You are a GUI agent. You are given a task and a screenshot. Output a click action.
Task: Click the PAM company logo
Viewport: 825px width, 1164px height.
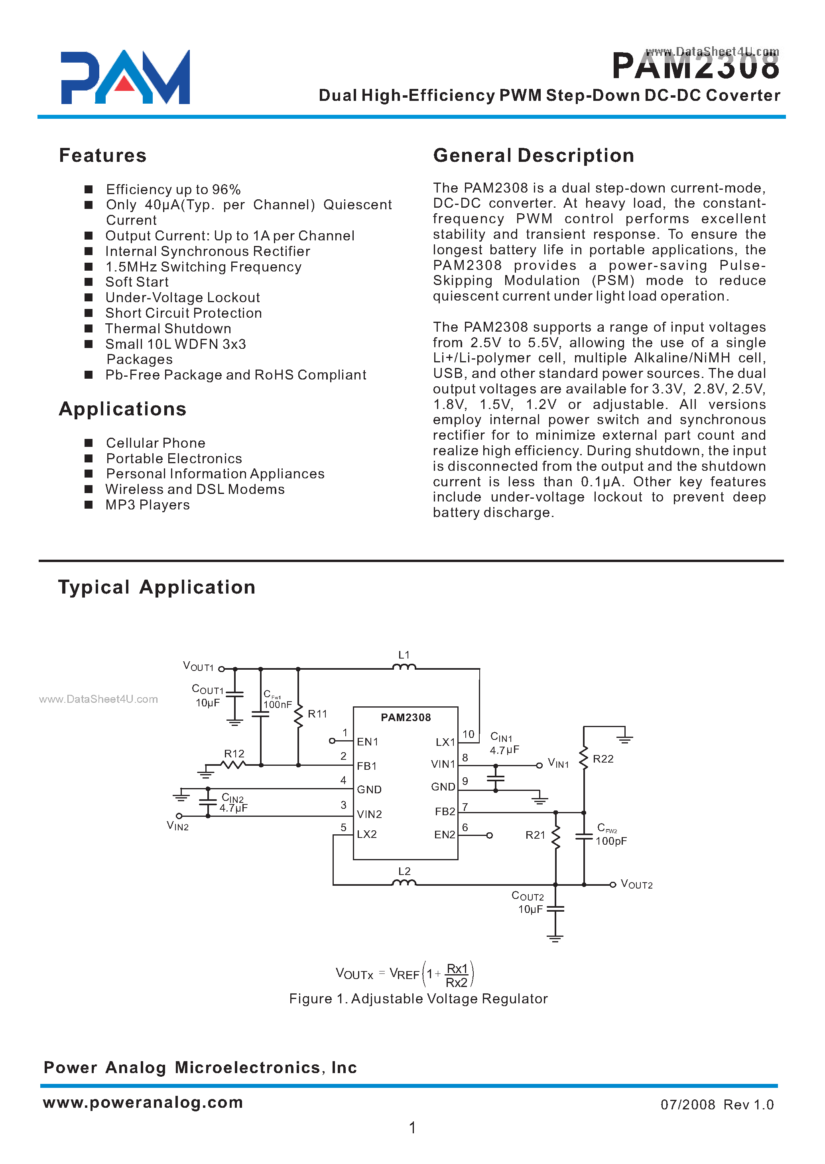tap(125, 77)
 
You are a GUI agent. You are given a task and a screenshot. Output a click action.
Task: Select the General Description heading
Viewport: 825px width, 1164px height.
tap(534, 155)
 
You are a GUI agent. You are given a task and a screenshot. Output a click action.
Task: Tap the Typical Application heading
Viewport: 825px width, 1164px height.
tap(156, 587)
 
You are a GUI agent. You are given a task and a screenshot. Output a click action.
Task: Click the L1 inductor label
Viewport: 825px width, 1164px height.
tap(404, 655)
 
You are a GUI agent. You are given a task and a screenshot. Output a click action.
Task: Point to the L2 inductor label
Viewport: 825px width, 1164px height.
tap(404, 871)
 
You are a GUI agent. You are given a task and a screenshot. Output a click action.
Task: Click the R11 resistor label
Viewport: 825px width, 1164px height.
tap(317, 714)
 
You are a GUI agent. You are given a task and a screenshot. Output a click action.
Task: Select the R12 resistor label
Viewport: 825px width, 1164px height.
tap(234, 754)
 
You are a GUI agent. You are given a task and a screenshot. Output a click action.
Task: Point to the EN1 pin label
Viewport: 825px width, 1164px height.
tap(367, 742)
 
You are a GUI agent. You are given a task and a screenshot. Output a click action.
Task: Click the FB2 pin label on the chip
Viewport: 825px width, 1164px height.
tap(445, 812)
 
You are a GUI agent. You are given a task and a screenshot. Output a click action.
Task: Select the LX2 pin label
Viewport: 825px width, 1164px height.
tap(367, 834)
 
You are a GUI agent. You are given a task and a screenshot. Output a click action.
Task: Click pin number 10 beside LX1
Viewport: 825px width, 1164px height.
tap(468, 734)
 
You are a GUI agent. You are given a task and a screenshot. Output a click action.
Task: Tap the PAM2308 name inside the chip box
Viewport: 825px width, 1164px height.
tap(406, 718)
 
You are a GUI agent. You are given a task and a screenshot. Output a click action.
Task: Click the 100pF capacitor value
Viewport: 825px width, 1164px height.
tap(611, 842)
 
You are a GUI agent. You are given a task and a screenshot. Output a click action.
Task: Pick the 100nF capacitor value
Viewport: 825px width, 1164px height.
tap(278, 705)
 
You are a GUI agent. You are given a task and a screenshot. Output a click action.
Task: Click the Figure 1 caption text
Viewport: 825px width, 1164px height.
tap(418, 999)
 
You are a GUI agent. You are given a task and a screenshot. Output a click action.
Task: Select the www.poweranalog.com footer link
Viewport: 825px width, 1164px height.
tap(143, 1103)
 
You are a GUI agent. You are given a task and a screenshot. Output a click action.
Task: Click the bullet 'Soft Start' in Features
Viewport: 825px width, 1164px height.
tap(137, 282)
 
